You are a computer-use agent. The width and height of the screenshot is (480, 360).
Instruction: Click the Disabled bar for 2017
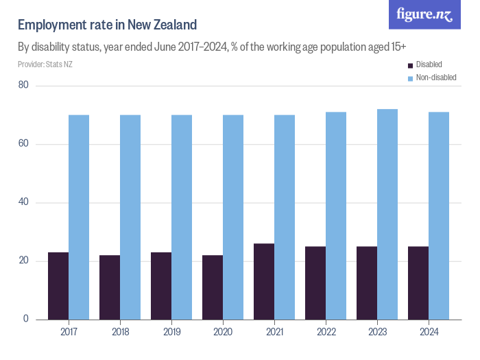tap(58, 285)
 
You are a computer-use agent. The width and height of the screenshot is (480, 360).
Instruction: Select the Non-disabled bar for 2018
tap(130, 217)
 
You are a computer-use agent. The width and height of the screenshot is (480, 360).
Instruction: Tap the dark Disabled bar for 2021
tap(264, 281)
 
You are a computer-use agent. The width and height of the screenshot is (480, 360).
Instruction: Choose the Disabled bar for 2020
tap(213, 287)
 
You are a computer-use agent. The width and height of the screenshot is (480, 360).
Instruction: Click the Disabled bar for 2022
tap(315, 283)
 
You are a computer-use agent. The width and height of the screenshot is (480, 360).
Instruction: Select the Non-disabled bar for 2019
tap(182, 217)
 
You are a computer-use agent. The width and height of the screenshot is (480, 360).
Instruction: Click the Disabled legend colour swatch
tap(411, 65)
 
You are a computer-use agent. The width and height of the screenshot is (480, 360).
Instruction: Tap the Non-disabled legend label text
tap(436, 77)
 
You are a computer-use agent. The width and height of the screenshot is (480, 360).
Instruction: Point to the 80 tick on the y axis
tap(23, 85)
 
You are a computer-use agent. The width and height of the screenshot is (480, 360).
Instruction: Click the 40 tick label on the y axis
tap(23, 202)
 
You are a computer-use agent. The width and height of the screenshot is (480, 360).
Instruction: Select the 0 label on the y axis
tap(25, 319)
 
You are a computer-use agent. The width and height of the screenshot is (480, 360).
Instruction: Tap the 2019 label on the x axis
tap(171, 332)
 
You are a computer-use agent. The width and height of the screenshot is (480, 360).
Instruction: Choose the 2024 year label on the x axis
tap(429, 332)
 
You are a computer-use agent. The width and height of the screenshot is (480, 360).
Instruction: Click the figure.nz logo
tap(425, 14)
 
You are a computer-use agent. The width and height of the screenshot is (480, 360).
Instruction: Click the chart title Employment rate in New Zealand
tap(107, 25)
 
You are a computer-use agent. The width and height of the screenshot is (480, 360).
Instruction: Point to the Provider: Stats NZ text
tap(45, 64)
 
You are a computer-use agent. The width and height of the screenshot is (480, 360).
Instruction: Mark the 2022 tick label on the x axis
tap(326, 332)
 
